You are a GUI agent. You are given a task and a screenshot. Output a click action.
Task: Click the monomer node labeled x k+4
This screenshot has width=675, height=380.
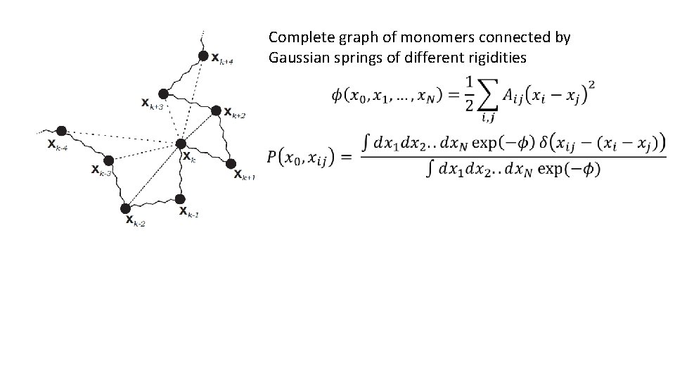pyautogui.click(x=202, y=56)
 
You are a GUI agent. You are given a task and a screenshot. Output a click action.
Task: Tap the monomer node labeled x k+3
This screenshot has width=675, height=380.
pyautogui.click(x=163, y=94)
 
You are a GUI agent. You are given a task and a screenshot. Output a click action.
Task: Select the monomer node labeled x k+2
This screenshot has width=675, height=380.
pyautogui.click(x=216, y=110)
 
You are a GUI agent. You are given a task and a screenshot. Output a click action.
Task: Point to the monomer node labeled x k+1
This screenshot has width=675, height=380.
pyautogui.click(x=230, y=164)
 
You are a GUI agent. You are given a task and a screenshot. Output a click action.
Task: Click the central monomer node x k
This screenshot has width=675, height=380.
pyautogui.click(x=180, y=144)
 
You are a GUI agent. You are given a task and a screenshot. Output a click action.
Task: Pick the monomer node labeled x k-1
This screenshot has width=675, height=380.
pyautogui.click(x=180, y=199)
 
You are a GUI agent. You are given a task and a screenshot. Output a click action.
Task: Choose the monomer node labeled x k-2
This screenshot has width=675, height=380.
pyautogui.click(x=125, y=208)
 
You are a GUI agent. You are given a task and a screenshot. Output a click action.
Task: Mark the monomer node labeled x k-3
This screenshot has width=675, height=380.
pyautogui.click(x=108, y=160)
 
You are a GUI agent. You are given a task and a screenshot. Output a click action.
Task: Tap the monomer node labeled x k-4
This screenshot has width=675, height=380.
pyautogui.click(x=62, y=131)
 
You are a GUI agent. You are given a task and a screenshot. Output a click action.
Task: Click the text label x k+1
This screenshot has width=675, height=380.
pyautogui.click(x=245, y=175)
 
